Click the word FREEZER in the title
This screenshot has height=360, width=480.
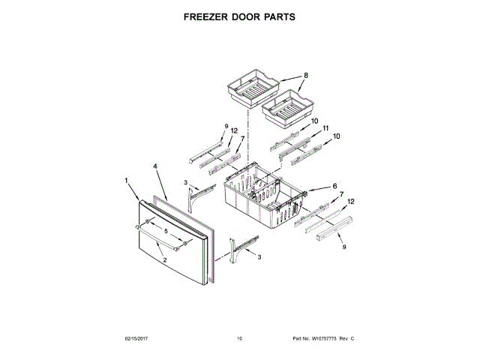click(202, 16)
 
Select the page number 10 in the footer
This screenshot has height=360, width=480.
click(239, 339)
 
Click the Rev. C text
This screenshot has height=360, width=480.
click(347, 339)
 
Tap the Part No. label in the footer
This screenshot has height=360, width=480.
click(300, 339)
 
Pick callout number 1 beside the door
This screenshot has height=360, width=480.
click(127, 180)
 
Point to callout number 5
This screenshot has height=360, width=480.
click(157, 232)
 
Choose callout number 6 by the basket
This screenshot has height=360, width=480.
click(334, 186)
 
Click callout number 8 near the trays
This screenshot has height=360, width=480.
click(306, 75)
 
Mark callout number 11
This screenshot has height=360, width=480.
click(325, 128)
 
